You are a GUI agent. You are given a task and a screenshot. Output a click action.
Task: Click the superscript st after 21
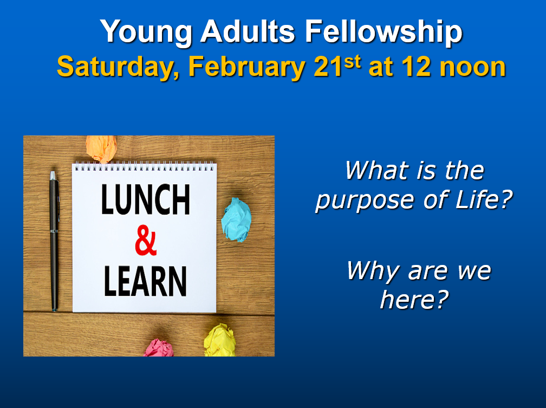point(352,62)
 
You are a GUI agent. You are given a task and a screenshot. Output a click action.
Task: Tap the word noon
point(472,69)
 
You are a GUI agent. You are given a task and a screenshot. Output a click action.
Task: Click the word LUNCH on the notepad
point(146,199)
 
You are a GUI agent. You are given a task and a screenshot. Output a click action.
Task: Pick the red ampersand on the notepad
point(146,241)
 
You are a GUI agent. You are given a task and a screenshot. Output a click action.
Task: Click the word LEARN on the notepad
point(145,281)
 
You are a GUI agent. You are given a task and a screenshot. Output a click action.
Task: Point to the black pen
point(54,241)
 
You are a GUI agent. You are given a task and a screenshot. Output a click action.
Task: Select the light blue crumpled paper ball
point(236,219)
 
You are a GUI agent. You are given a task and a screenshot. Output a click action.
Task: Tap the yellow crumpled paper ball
point(220,340)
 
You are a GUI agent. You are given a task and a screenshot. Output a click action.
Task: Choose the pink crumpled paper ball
point(158,348)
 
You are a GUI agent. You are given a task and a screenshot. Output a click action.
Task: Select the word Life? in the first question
point(484,199)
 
